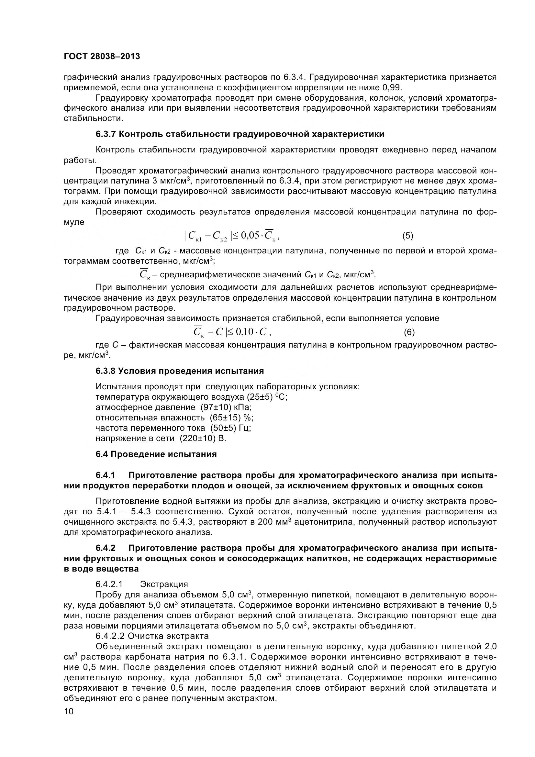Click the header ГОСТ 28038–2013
coord(102,56)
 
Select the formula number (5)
coord(407,236)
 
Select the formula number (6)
coord(409,332)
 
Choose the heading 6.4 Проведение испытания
coord(156,454)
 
